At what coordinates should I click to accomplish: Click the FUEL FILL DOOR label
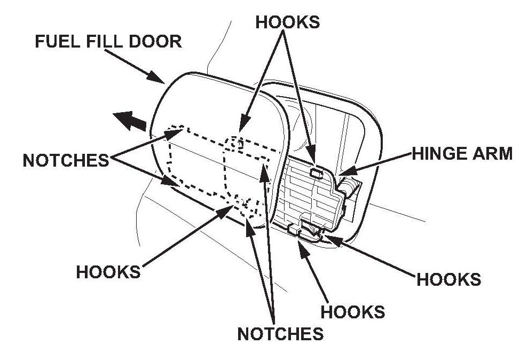tap(108, 41)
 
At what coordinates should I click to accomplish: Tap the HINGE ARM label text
tap(461, 154)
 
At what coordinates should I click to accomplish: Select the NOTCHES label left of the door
tap(66, 160)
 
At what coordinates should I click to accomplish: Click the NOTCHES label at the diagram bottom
tap(280, 333)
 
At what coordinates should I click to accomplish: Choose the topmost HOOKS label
tap(288, 22)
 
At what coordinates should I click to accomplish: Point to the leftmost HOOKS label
tap(108, 271)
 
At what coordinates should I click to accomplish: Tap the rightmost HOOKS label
tap(448, 279)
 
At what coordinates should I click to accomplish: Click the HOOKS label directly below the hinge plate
tap(352, 311)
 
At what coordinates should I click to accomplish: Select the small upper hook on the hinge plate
tap(316, 172)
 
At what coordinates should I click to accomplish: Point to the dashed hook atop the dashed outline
tap(239, 142)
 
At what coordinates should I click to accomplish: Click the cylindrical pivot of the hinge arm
tap(348, 187)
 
